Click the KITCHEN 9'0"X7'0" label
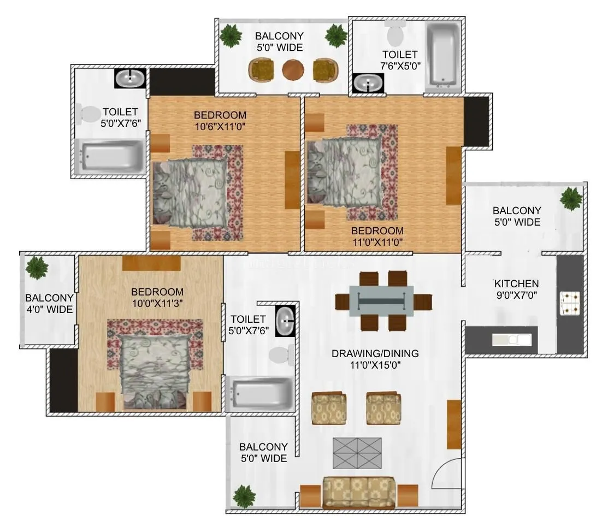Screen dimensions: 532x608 516,289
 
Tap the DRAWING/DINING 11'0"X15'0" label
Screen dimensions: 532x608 375,359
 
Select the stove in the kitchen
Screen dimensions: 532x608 571,305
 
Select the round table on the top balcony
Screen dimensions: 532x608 293,69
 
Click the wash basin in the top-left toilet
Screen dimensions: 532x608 130,79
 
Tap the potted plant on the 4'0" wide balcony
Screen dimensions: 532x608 37,268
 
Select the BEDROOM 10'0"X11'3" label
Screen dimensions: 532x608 157,297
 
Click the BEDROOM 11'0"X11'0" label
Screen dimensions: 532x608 377,236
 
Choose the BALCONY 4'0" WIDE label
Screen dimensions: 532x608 49,304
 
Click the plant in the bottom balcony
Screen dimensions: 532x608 244,496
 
